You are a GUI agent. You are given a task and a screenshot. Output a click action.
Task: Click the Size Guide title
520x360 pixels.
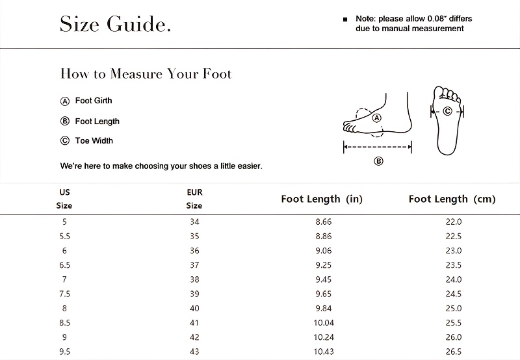115,24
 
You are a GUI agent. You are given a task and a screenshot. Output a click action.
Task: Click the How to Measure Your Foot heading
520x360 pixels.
146,73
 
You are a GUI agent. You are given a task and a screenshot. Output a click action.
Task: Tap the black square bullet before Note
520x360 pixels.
345,19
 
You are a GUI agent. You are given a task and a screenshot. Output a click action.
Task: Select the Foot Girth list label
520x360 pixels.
94,101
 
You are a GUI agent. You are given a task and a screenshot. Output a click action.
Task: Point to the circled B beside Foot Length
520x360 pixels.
64,122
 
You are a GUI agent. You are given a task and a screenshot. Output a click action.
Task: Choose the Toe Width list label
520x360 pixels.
94,140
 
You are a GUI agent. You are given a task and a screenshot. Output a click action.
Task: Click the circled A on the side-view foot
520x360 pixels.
377,118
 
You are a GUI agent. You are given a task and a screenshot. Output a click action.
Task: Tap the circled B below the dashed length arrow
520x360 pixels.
378,161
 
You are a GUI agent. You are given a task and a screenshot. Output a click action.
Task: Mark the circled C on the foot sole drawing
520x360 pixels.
447,111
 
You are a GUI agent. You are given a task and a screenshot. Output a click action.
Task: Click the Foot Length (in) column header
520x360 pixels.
322,199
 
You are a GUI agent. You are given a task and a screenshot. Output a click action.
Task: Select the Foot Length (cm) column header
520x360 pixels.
452,199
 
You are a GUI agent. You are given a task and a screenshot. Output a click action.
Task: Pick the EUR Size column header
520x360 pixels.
194,199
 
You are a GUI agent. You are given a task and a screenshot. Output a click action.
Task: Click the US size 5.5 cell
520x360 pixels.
64,237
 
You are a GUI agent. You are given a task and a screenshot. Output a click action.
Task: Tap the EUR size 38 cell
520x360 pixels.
194,279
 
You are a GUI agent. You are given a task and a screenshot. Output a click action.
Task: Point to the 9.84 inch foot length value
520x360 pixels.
323,308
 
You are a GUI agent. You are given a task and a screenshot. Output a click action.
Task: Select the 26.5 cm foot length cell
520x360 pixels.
453,352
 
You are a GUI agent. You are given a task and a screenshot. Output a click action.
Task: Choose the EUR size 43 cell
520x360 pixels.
194,352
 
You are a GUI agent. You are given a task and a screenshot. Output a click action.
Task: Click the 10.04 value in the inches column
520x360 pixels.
324,322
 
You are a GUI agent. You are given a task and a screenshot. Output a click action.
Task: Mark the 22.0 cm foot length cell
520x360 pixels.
453,222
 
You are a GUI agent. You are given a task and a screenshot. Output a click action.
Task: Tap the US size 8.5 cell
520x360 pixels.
64,322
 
